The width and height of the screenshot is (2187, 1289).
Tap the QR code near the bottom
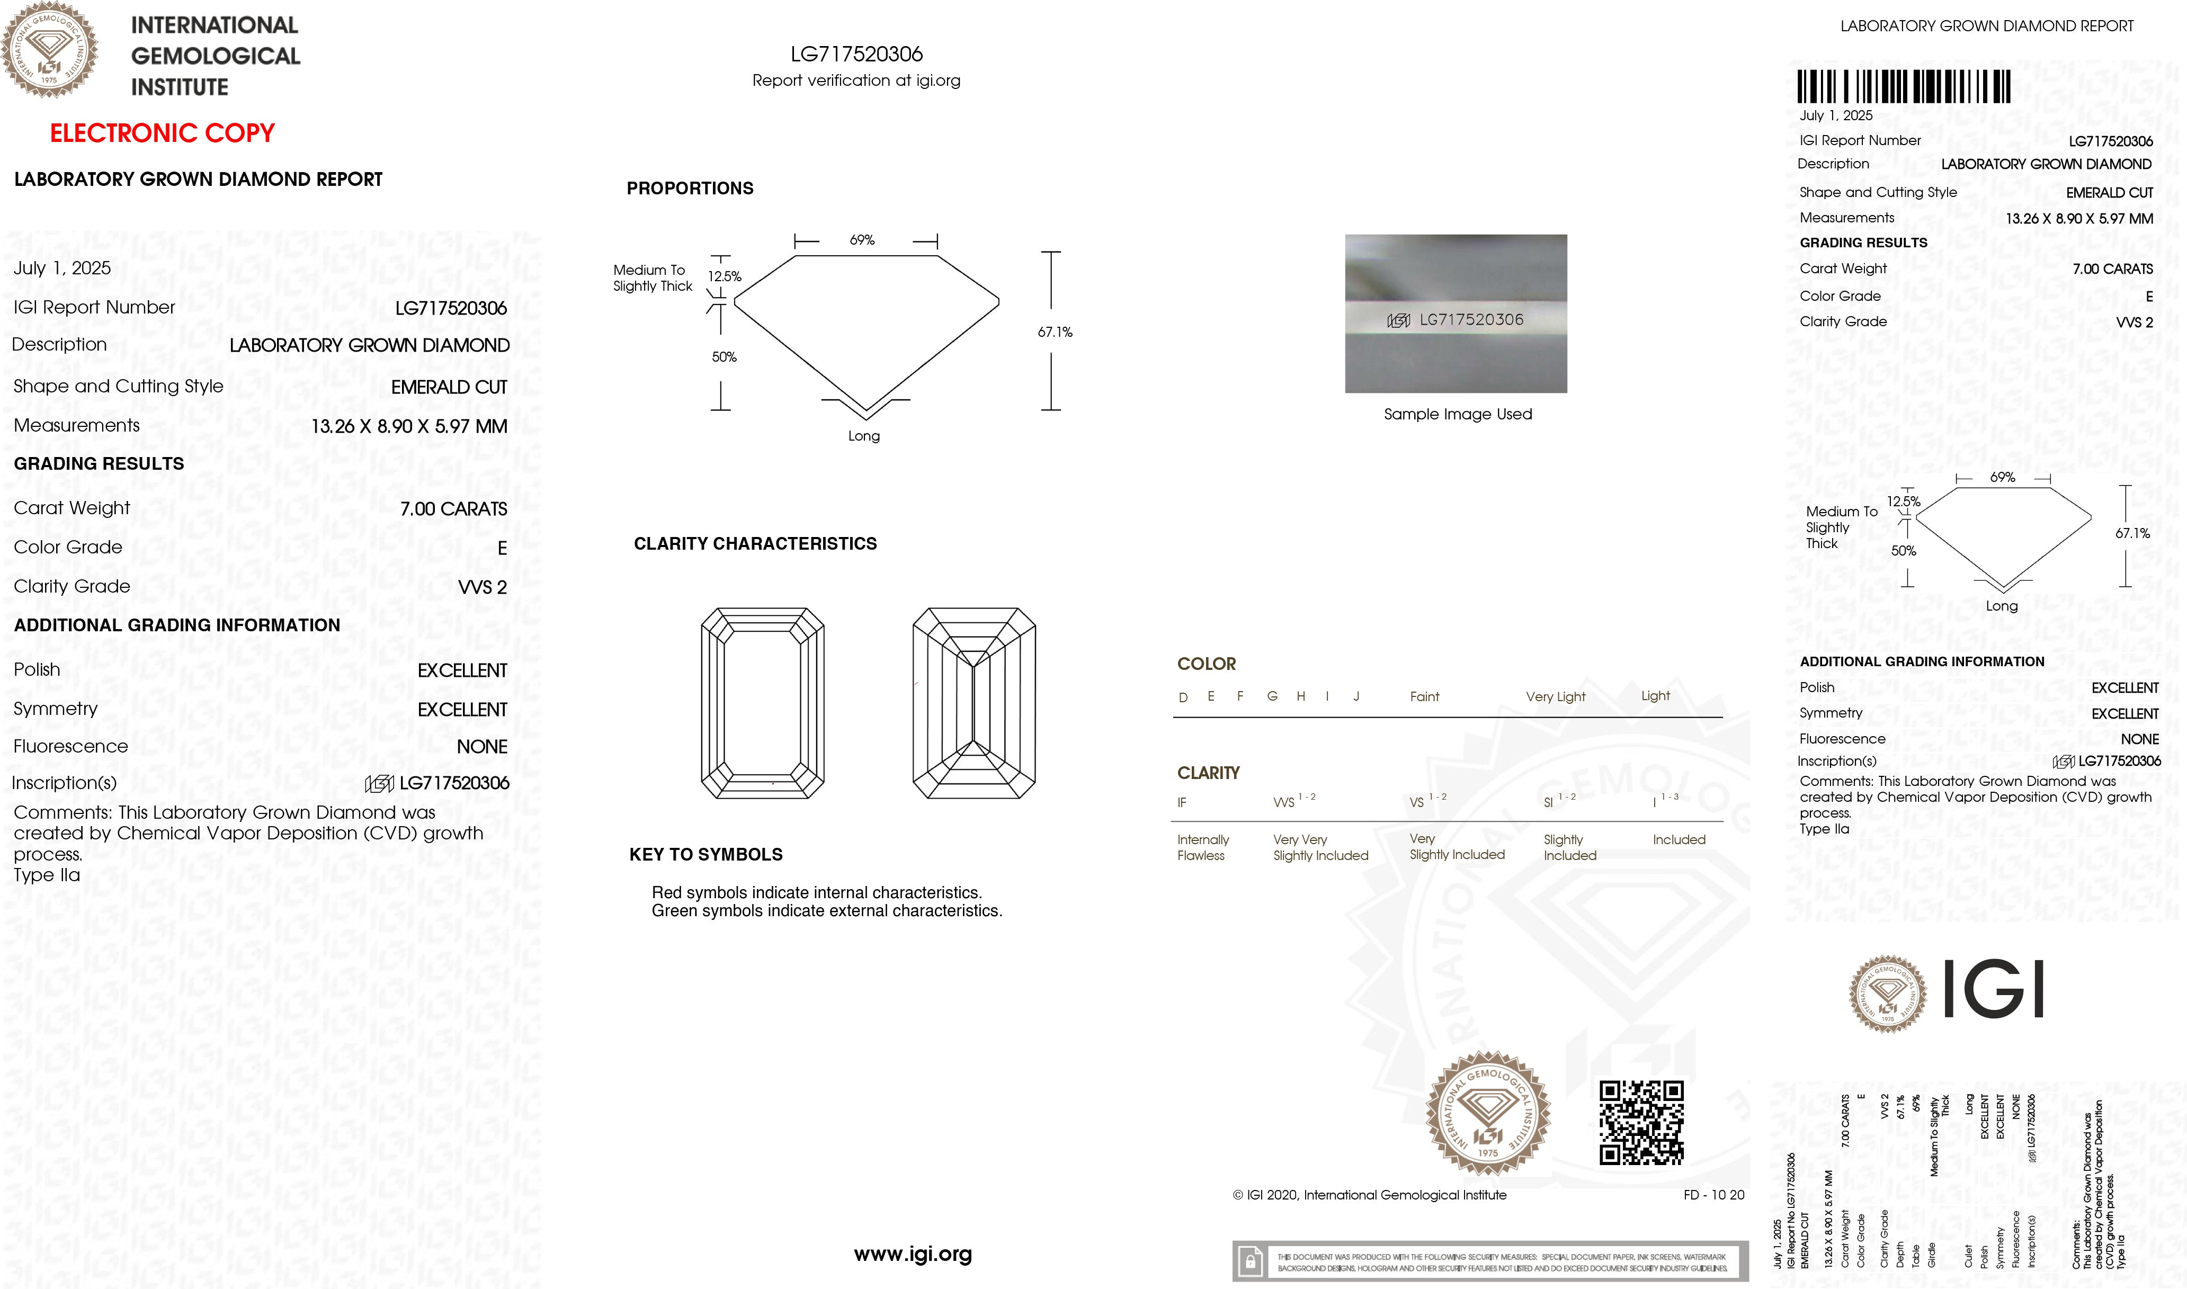pos(1641,1122)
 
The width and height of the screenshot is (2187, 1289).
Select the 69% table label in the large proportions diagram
pos(862,240)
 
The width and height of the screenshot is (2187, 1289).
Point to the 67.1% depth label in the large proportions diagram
pos(1055,332)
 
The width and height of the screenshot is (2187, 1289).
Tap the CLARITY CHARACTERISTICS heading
pos(755,544)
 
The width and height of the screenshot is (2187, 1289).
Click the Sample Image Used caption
pos(1458,414)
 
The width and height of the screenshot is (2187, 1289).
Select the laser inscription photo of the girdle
pos(1456,314)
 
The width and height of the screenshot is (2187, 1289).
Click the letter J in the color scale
pos(1356,696)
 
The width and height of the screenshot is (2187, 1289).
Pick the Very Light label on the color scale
pos(1555,696)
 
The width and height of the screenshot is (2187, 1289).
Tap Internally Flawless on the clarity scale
pos(1202,847)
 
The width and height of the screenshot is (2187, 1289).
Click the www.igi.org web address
pos(913,1254)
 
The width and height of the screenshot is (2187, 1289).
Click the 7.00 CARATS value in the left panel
pos(453,509)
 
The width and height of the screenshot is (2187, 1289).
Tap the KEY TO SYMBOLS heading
pos(706,855)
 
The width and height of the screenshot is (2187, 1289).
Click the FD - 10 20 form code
pos(1713,1195)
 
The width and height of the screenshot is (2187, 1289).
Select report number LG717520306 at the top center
pos(856,54)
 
